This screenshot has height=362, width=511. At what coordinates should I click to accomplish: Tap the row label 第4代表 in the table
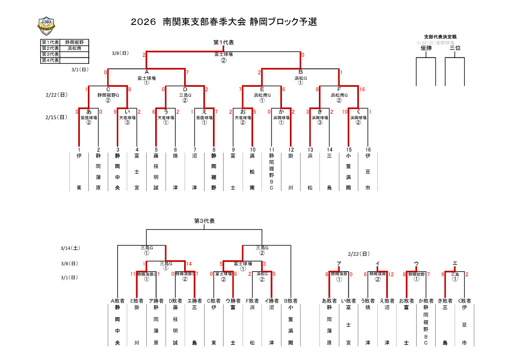pos(50,60)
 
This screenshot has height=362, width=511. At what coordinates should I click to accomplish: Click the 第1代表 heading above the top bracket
pos(224,42)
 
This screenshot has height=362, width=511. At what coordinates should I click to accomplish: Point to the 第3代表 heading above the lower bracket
pos(204,221)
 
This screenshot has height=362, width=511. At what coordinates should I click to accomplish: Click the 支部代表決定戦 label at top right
pos(440,37)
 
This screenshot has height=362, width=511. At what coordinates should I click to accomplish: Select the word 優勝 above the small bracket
pos(426,48)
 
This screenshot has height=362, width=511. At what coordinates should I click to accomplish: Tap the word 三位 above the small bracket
pos(455,48)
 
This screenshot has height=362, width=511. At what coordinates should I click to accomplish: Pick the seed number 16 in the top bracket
pos(368,150)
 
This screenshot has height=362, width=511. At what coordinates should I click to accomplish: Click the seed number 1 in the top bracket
pos(79,150)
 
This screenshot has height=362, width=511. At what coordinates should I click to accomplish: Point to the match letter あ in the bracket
pos(89,112)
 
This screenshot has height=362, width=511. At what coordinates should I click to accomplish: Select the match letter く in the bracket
pos(358,112)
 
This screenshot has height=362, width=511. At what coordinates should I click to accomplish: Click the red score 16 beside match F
pos(362,89)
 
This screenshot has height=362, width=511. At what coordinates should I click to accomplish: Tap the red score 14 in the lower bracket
pos(189,264)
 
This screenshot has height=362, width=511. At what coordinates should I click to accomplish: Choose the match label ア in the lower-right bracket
pos(339,263)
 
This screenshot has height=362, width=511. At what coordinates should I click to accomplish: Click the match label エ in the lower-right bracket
pos(455,263)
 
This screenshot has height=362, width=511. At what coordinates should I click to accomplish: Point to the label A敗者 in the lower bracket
pos(117,301)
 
